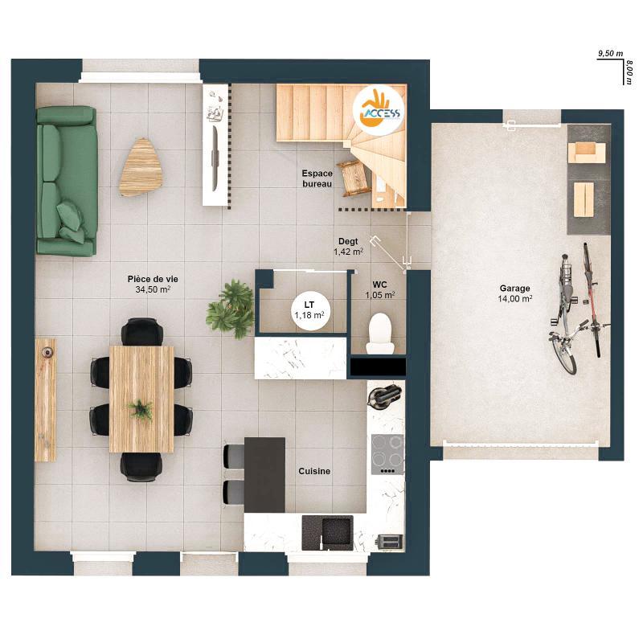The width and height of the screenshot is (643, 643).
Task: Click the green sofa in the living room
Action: pyautogui.click(x=66, y=181)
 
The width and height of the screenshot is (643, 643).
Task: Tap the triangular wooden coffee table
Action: pyautogui.click(x=139, y=166)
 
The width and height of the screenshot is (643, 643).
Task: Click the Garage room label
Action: pyautogui.click(x=515, y=288)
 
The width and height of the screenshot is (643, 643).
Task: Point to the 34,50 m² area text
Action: pyautogui.click(x=153, y=289)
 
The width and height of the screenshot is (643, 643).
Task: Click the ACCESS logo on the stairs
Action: pyautogui.click(x=380, y=108)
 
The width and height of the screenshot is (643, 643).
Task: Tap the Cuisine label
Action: pyautogui.click(x=314, y=472)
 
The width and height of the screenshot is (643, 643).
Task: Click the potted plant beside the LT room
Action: pyautogui.click(x=230, y=306)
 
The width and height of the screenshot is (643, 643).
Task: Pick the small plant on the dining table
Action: pyautogui.click(x=141, y=409)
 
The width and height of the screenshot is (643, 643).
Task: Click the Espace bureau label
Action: pyautogui.click(x=317, y=178)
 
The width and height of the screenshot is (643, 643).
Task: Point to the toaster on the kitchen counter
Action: pyautogui.click(x=389, y=542)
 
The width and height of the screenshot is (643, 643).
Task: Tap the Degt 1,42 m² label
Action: pyautogui.click(x=348, y=246)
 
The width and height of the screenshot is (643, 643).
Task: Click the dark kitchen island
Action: pyautogui.click(x=264, y=474)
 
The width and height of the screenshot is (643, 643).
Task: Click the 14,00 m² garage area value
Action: pyautogui.click(x=515, y=298)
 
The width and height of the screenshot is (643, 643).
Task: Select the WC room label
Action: pyautogui.click(x=379, y=285)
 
